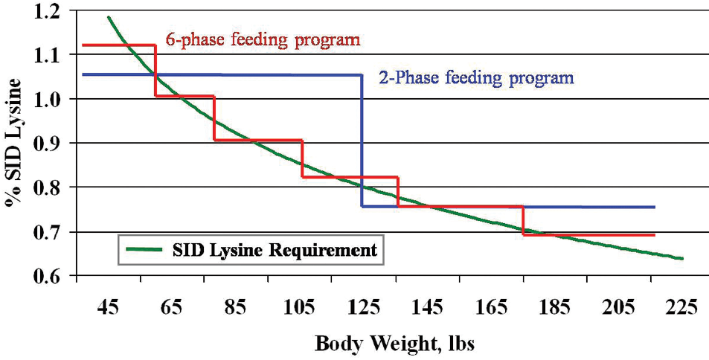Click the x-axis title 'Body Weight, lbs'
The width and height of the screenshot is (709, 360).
tap(394, 344)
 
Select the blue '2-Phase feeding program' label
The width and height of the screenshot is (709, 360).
tap(477, 77)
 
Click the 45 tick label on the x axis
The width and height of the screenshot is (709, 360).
tap(109, 307)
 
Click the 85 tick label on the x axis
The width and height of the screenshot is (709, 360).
tap(237, 307)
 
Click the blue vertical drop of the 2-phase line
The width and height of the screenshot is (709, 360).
tap(362, 141)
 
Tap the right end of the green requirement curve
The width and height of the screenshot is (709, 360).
tap(681, 258)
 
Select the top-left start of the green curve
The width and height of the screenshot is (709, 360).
tap(109, 17)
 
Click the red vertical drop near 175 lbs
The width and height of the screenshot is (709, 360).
tap(523, 220)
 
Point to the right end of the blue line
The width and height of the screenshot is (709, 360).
tap(654, 208)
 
